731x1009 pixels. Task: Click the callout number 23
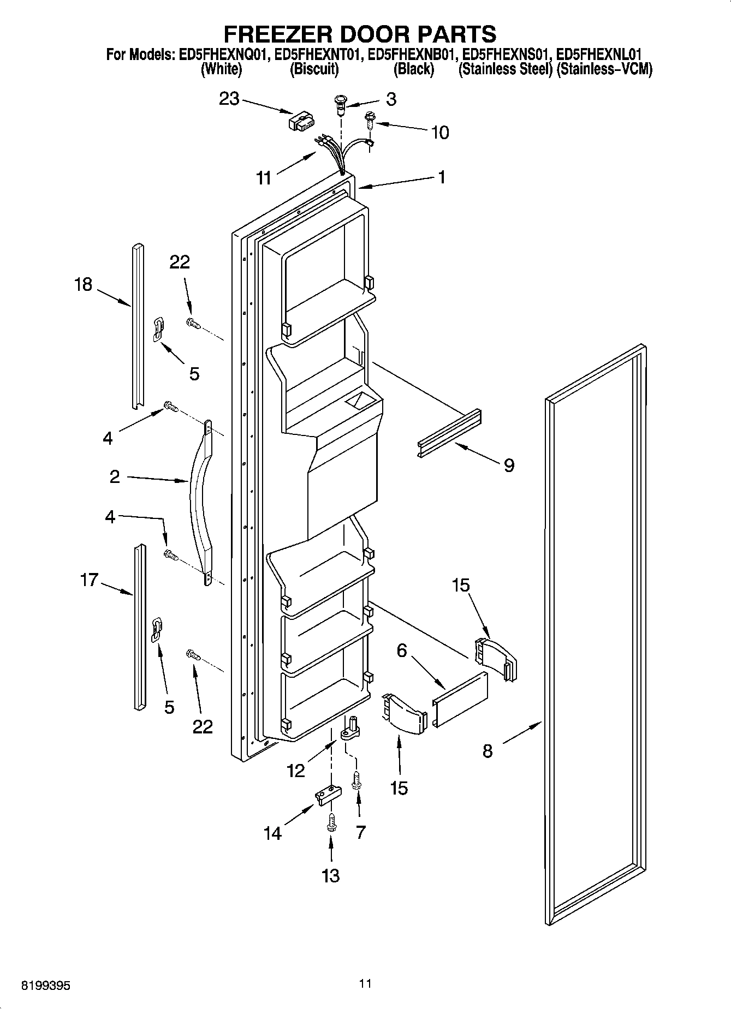tap(229, 99)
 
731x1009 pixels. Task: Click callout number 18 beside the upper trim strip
tap(84, 284)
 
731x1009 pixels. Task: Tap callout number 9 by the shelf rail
tap(508, 465)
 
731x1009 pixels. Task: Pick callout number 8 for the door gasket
tap(488, 751)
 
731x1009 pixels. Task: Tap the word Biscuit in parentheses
tap(314, 69)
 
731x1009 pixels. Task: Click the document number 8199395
tap(45, 986)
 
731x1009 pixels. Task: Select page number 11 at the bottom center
tap(365, 983)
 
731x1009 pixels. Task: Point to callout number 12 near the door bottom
tap(295, 771)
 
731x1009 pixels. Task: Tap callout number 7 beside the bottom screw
tap(360, 832)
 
